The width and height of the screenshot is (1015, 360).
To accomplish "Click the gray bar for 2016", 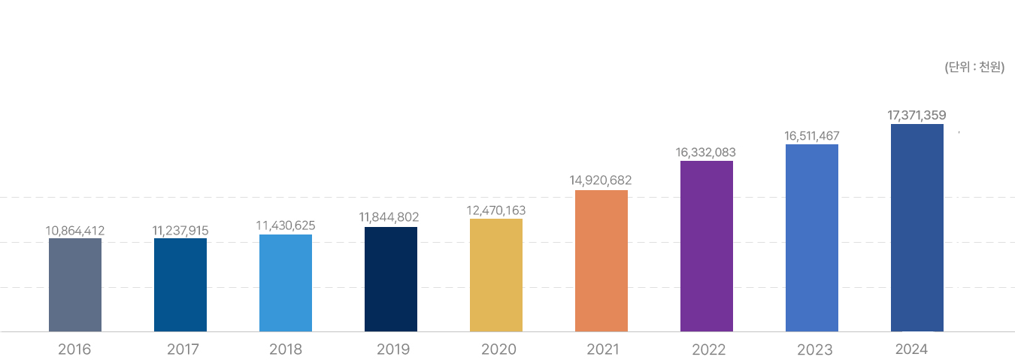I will tap(75, 285).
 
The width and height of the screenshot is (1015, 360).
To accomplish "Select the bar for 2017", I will tap(180, 285).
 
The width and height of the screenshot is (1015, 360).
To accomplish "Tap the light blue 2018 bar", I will tap(286, 283).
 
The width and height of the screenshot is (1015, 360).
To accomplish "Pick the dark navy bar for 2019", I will tap(391, 279).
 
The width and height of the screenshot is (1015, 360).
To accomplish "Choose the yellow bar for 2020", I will tap(496, 275).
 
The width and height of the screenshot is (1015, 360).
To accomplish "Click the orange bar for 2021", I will tap(601, 261).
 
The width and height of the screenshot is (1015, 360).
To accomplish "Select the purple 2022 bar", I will tap(707, 246).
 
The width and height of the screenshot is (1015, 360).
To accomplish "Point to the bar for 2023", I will tap(812, 237).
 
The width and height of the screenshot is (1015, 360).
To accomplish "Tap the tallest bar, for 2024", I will tap(917, 228).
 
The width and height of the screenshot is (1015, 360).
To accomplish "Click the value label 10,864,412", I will tap(75, 231).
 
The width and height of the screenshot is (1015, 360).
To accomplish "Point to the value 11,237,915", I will tap(180, 231).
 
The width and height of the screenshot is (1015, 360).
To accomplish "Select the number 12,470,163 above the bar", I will tap(496, 210).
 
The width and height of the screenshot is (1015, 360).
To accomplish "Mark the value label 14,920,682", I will tap(601, 180).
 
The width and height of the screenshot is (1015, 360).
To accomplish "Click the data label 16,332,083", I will tap(706, 152).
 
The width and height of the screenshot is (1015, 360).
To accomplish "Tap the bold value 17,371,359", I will tap(917, 115).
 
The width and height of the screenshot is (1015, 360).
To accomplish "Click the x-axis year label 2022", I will tap(709, 349).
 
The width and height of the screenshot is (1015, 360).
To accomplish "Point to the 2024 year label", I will tap(912, 349).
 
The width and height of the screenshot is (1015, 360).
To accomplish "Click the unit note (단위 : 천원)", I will tap(974, 68).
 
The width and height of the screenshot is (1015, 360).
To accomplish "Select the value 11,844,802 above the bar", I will tap(389, 217).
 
